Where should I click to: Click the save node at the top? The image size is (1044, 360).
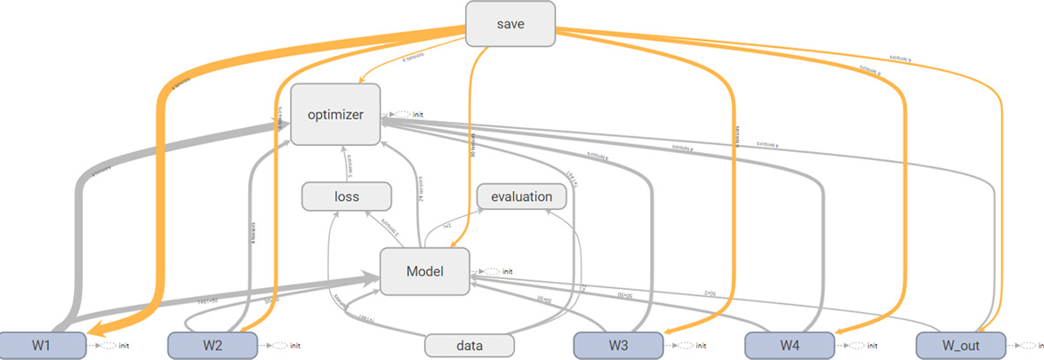(510, 23)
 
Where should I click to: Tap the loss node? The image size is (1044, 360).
(346, 196)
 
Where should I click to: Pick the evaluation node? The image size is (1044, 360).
(521, 196)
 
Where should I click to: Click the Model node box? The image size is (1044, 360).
(424, 271)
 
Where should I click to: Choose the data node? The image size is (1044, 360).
(470, 345)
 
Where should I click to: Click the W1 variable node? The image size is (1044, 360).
(42, 345)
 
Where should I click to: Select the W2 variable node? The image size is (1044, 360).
(213, 345)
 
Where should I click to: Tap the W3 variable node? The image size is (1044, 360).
(617, 345)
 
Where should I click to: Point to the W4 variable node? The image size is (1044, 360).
(788, 345)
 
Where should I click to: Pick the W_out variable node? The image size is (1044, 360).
(960, 345)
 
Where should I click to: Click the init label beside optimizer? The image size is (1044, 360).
(418, 115)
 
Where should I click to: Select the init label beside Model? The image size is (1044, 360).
(508, 271)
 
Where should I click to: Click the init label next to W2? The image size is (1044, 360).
(295, 345)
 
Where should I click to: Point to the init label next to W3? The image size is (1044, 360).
(702, 345)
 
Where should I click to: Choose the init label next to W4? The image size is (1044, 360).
(871, 345)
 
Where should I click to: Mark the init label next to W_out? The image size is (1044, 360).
(1038, 345)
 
